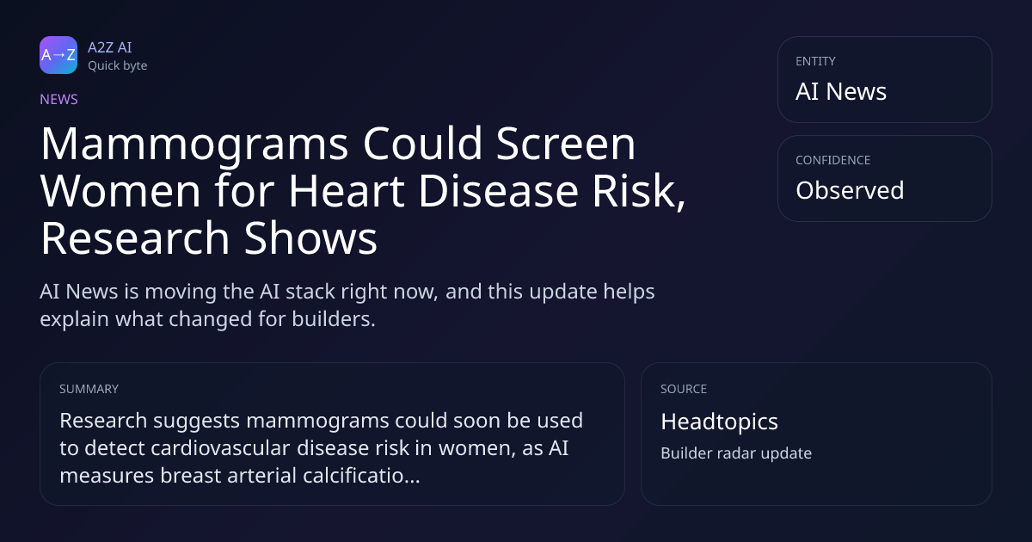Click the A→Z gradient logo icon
tap(58, 55)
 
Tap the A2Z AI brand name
tap(110, 47)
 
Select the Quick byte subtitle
tap(118, 66)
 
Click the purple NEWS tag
tap(59, 99)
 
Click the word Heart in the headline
tap(347, 191)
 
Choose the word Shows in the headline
tap(310, 238)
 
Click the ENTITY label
tap(815, 61)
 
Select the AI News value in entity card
tap(841, 91)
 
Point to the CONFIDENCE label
tap(833, 160)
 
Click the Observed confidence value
tap(850, 190)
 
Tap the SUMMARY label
tap(89, 389)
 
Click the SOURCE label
tap(684, 389)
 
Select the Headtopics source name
tap(719, 422)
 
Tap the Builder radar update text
tap(736, 453)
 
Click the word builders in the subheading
tap(334, 319)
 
